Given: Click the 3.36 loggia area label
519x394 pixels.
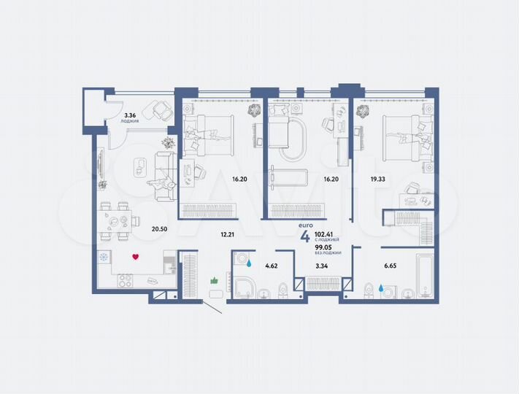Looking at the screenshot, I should (x=131, y=115).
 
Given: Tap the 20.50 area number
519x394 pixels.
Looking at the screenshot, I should (x=159, y=228).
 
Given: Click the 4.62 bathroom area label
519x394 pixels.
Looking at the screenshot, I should (x=272, y=267).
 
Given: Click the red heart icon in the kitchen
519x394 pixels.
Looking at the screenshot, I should (x=135, y=256).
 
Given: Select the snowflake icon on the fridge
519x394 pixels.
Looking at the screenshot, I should (x=104, y=257).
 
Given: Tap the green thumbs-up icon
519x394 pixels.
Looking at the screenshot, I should (x=215, y=279).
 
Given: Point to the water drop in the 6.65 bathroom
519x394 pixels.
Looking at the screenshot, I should (x=381, y=288).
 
